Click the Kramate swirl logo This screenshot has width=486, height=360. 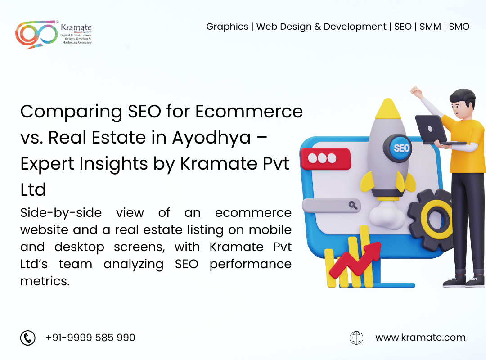coord(36,34)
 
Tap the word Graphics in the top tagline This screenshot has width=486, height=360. coord(227,27)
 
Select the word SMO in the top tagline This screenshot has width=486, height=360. coord(459,27)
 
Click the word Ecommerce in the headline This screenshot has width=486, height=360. coord(249,111)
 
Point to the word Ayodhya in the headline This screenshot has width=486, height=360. coord(211,138)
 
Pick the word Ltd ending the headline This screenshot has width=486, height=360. coord(33,190)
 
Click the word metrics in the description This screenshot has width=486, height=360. coord(45,281)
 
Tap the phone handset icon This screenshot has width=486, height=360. coord(28,337)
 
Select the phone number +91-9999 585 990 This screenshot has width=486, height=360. coord(90,337)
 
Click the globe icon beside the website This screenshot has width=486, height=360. coord(356,337)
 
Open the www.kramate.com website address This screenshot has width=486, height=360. coord(420,337)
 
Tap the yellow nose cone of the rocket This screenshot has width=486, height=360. coord(388,109)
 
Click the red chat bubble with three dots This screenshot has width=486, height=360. coord(325,159)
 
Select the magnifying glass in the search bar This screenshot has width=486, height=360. coord(353,205)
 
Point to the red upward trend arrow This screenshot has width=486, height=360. coord(355,261)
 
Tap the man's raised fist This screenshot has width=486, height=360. coord(416,91)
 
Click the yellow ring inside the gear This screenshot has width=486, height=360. coord(436,219)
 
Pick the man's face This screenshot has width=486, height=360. coord(459,108)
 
